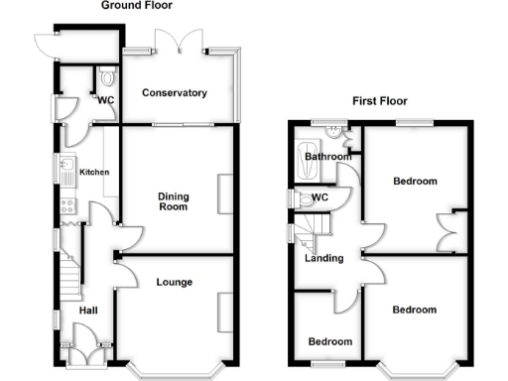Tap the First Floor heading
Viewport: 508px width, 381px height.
point(381,101)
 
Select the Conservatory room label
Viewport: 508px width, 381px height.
point(175,93)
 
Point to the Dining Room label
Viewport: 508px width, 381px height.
point(174,201)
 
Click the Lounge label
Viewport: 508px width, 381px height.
point(175,283)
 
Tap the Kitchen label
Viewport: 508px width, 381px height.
point(94,173)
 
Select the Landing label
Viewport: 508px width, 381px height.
point(324,259)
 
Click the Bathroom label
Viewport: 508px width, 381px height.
point(328,157)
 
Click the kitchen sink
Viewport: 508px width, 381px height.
point(66,172)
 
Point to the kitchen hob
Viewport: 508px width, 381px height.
point(68,206)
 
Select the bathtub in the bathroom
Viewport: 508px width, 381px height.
point(303,159)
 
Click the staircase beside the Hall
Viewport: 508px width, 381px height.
point(68,276)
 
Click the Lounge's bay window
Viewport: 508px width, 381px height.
point(176,369)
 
